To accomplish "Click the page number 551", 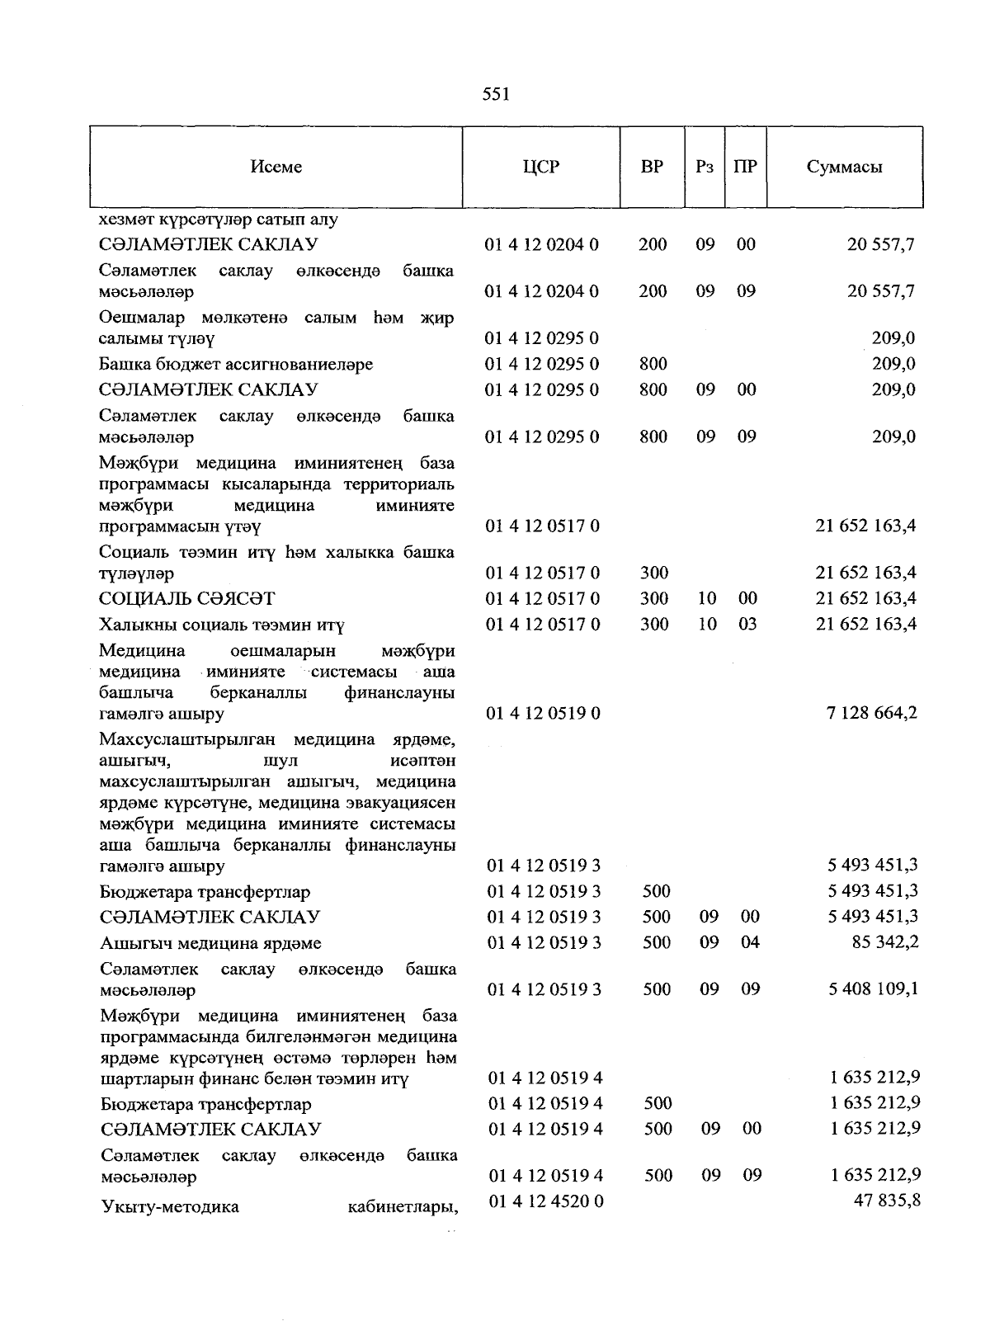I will click(496, 94).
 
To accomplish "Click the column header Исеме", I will click(276, 167).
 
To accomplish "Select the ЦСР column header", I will click(541, 167).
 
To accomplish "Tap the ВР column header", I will click(652, 167).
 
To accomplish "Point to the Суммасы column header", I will click(844, 167).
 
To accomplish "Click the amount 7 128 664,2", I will click(871, 713).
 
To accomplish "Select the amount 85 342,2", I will click(885, 942).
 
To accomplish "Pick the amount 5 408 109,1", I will click(874, 988).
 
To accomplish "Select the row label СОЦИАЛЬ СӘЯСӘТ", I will click(187, 598).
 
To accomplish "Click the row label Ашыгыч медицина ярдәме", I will click(210, 943).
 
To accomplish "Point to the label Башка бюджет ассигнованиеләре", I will click(236, 364).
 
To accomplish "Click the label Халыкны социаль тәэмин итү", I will click(222, 625).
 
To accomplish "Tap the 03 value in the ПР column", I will click(747, 624).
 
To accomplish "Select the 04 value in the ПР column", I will click(749, 942).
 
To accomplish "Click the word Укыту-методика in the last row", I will click(170, 1207).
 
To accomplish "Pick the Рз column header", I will click(704, 167).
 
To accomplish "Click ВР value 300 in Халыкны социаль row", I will click(654, 624).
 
